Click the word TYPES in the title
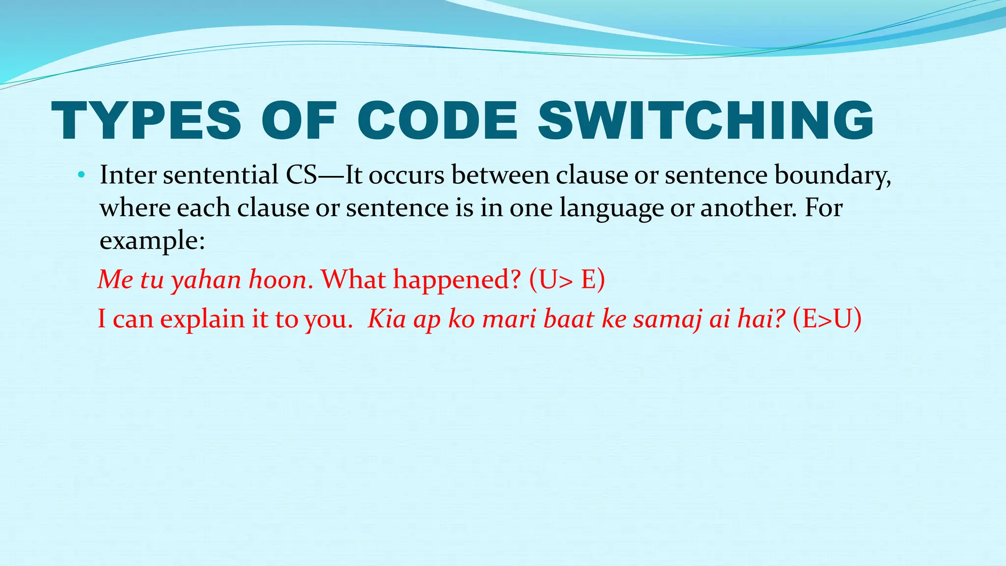[x=146, y=121]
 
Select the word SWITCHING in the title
[x=706, y=121]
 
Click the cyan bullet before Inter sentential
[x=82, y=175]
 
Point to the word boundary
[x=832, y=175]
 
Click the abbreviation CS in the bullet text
[x=301, y=175]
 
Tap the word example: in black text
[x=152, y=241]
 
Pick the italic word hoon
[x=278, y=280]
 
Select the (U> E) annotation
[x=567, y=280]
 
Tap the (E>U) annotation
[x=827, y=319]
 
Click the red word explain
[x=202, y=319]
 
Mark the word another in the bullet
[x=747, y=208]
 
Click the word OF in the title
[x=299, y=121]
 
